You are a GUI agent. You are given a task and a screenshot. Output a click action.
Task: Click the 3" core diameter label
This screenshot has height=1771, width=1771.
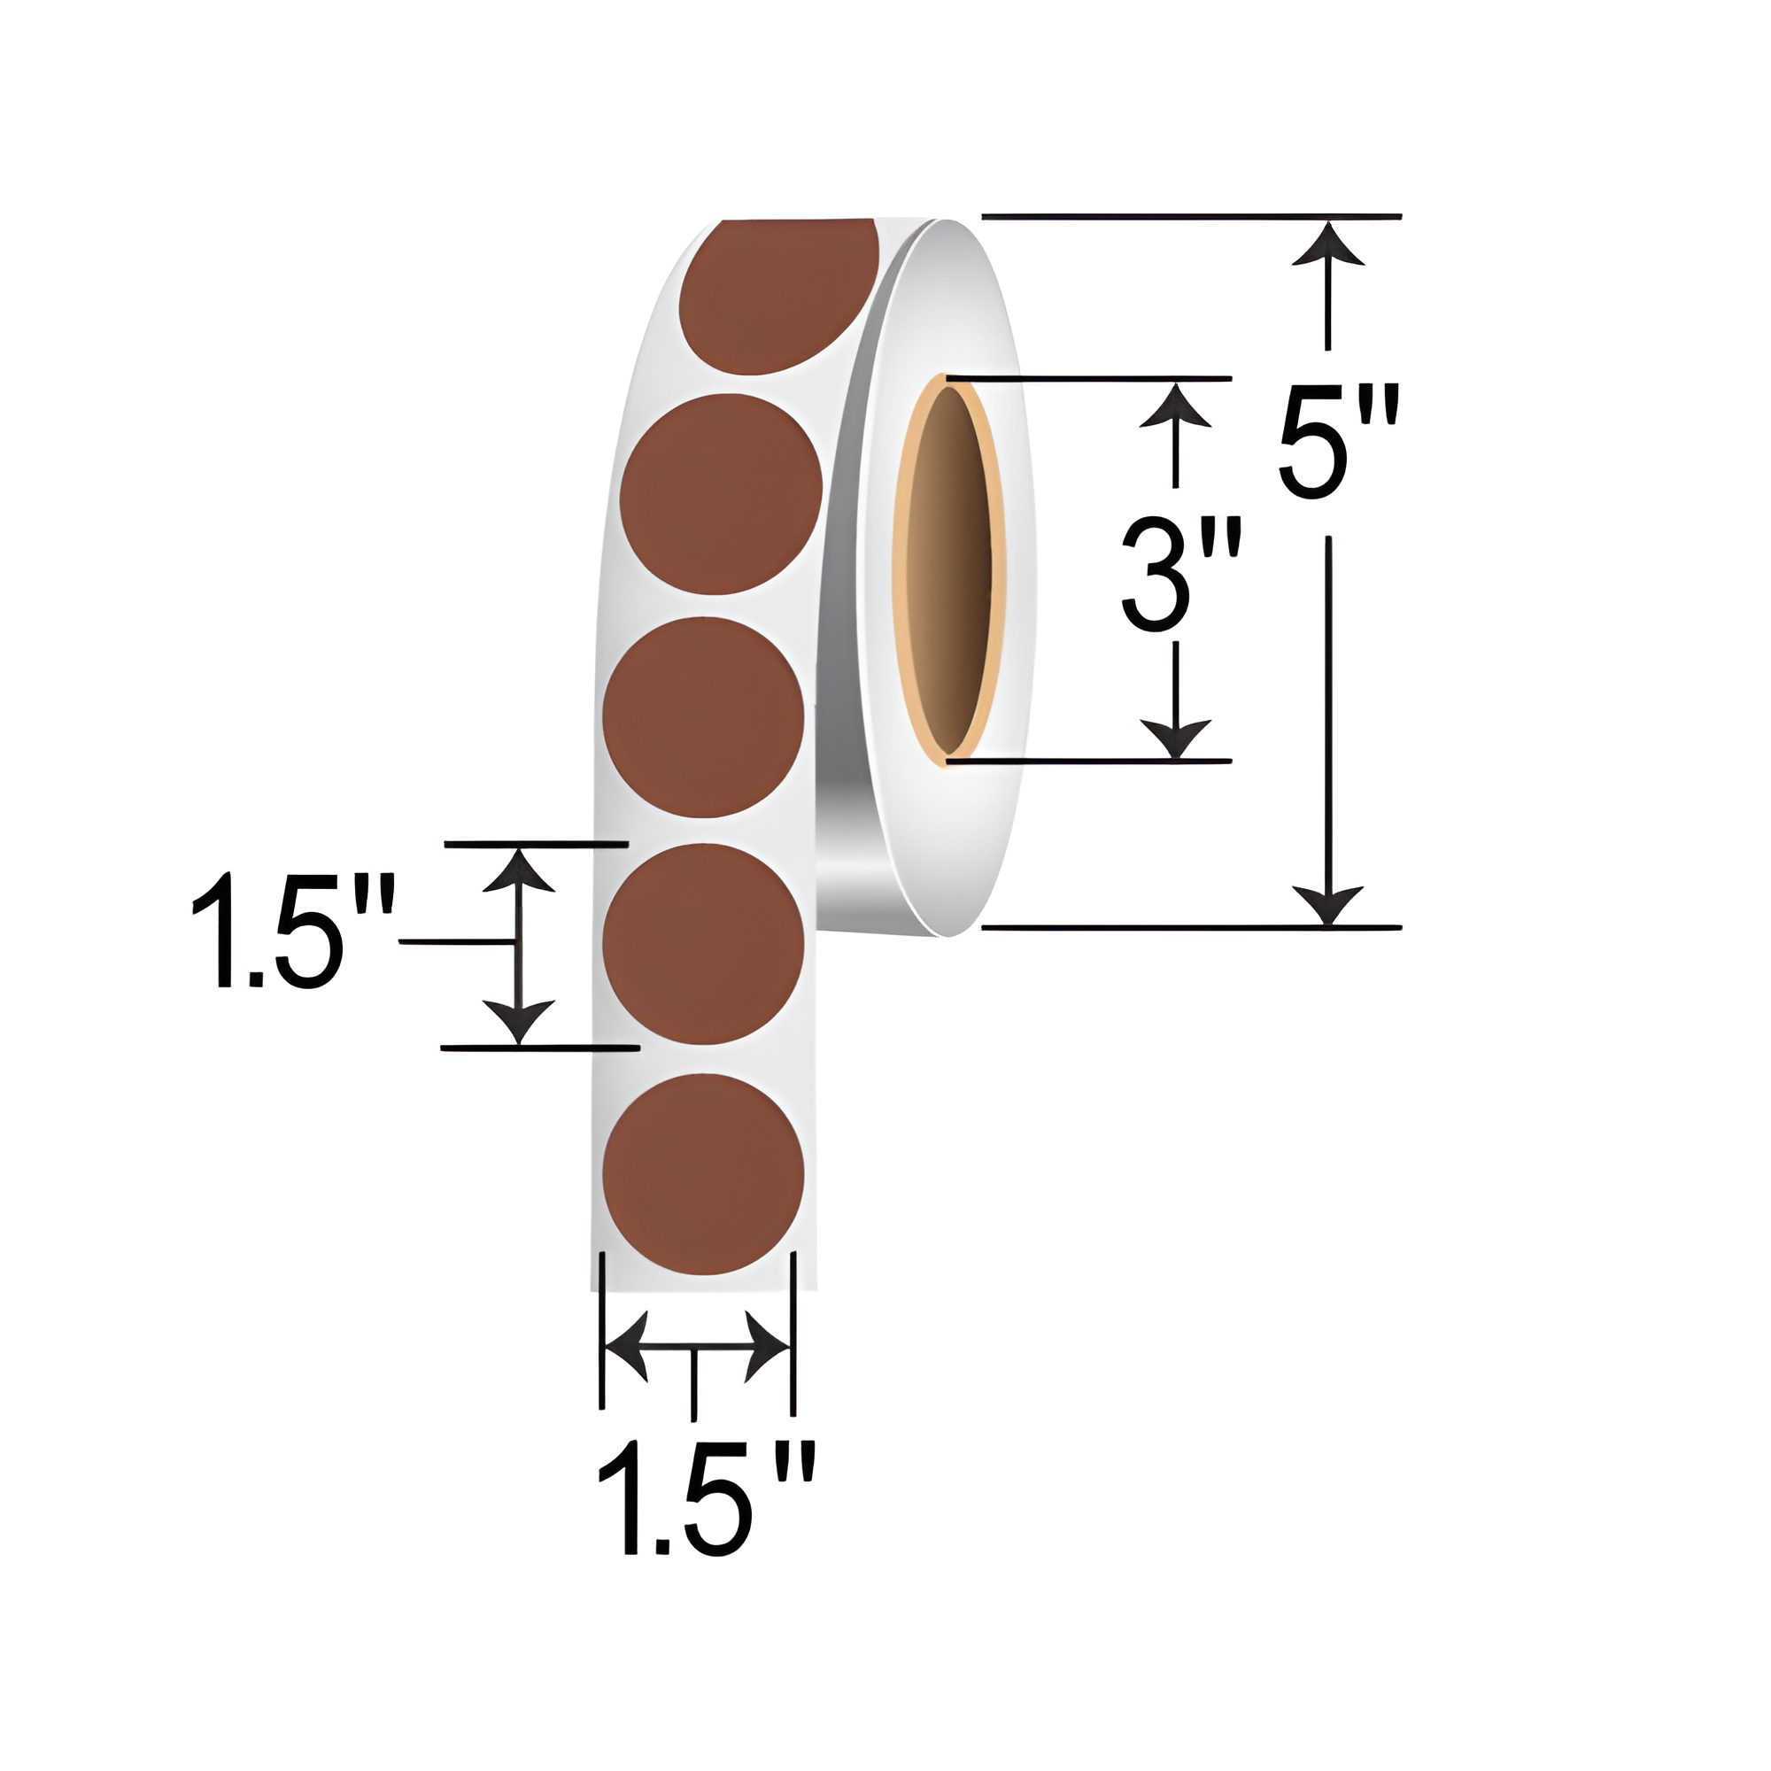tap(1180, 575)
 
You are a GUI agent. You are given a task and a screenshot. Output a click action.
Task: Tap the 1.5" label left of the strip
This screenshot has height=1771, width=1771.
tap(291, 932)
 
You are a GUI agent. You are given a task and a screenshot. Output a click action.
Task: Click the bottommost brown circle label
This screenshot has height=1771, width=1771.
tap(703, 1173)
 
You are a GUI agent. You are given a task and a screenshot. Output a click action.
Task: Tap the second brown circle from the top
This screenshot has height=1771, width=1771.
tap(721, 493)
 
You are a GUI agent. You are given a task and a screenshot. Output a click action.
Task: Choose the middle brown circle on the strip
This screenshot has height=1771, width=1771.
tap(703, 717)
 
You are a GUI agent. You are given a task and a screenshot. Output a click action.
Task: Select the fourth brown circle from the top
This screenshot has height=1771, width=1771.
tap(703, 943)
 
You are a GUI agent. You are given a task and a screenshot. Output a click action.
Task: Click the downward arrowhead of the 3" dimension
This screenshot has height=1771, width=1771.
tap(1175, 737)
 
